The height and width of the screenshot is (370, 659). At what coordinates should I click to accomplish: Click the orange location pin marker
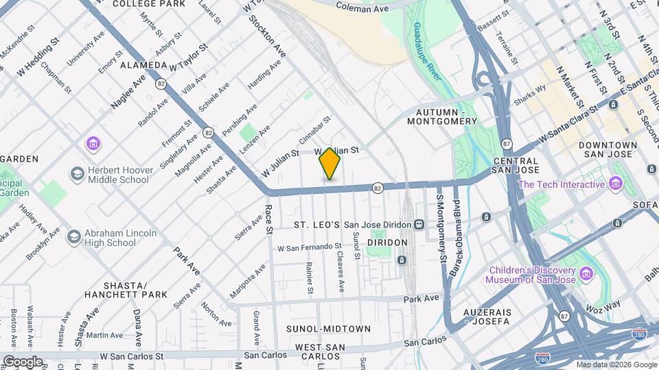[x=329, y=163]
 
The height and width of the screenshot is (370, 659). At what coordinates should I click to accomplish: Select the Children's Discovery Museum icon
[x=586, y=274]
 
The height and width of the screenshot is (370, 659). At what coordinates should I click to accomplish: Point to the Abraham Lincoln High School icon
[x=73, y=237]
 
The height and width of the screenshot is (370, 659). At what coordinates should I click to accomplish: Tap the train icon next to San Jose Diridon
[x=418, y=225]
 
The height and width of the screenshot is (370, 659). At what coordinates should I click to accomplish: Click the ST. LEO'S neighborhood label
[x=316, y=225]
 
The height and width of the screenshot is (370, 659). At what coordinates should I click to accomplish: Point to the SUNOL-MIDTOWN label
[x=328, y=329]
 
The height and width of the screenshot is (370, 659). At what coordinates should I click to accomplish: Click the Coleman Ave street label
[x=363, y=8]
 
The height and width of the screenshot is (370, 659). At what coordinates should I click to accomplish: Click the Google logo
[x=23, y=361]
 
